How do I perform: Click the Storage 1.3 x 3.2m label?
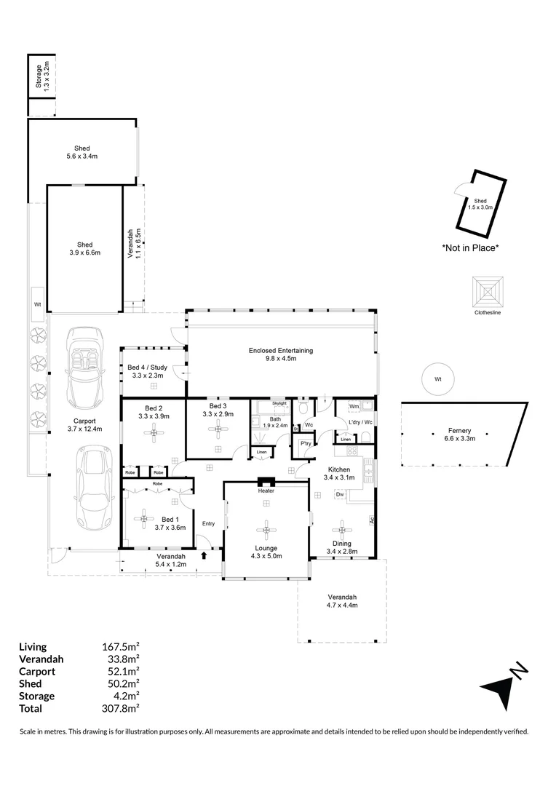click(x=42, y=76)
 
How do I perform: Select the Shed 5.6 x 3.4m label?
click(x=82, y=152)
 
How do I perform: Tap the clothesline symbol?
click(x=487, y=292)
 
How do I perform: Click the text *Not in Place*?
click(x=470, y=247)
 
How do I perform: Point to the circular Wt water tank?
click(x=438, y=379)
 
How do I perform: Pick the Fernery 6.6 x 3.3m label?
click(x=460, y=434)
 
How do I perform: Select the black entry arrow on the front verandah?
click(x=204, y=555)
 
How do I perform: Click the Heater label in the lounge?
click(x=266, y=491)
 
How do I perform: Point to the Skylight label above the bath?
click(x=279, y=402)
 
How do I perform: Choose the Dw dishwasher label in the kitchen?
click(x=339, y=495)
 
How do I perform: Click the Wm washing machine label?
click(x=354, y=406)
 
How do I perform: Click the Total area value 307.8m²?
click(x=122, y=708)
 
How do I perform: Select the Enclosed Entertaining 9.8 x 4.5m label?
click(x=281, y=354)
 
